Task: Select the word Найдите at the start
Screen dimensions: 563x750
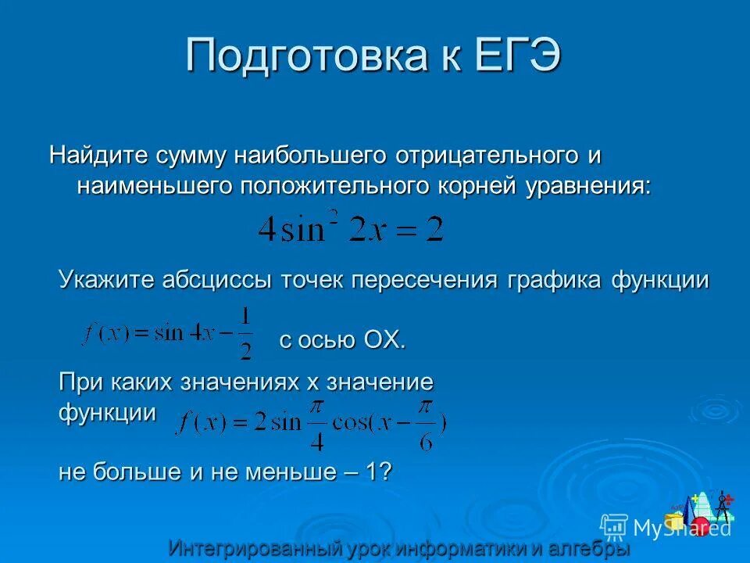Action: [98, 155]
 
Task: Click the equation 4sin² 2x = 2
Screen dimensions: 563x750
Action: [351, 229]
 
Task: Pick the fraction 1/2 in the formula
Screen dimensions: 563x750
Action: [245, 333]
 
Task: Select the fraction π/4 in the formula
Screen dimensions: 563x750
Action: [316, 421]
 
